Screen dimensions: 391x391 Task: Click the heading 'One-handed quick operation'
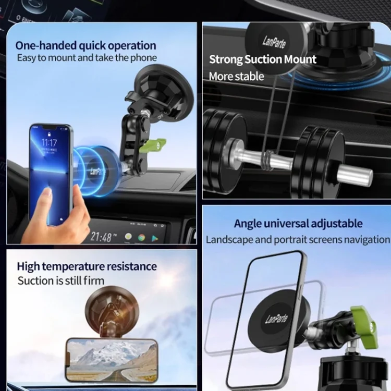pyautogui.click(x=85, y=46)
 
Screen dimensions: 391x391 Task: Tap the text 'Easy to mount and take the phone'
pyautogui.click(x=87, y=58)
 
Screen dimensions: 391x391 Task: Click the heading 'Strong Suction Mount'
pyautogui.click(x=263, y=59)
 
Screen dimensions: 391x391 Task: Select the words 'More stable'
pyautogui.click(x=236, y=76)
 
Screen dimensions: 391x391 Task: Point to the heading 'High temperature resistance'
pyautogui.click(x=87, y=267)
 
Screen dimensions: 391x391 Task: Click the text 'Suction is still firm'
pyautogui.click(x=61, y=281)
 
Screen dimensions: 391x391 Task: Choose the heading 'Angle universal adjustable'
pyautogui.click(x=298, y=224)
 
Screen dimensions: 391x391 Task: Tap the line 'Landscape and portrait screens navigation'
pyautogui.click(x=298, y=240)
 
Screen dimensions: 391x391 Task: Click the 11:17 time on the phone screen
pyautogui.click(x=49, y=143)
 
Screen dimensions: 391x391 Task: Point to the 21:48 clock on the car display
pyautogui.click(x=101, y=237)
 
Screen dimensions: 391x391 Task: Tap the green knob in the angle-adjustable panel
pyautogui.click(x=364, y=326)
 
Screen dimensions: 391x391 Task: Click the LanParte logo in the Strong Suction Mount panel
pyautogui.click(x=274, y=42)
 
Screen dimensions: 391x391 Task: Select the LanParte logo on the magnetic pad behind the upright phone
pyautogui.click(x=276, y=319)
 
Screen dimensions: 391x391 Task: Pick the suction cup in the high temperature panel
pyautogui.click(x=112, y=308)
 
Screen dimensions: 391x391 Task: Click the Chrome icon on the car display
pyautogui.click(x=141, y=238)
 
